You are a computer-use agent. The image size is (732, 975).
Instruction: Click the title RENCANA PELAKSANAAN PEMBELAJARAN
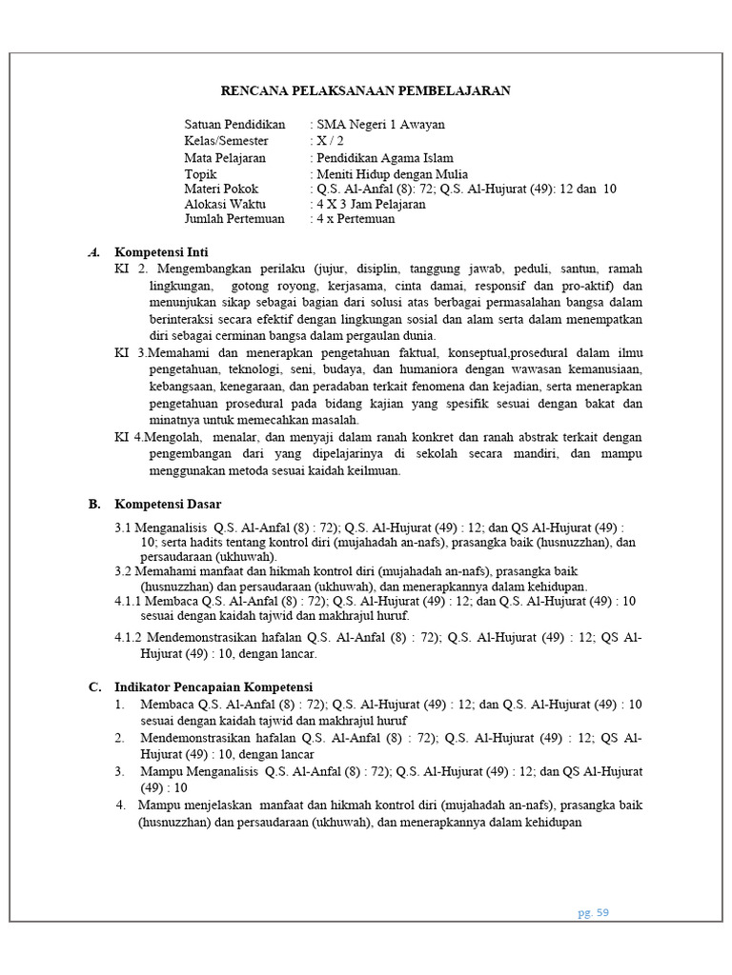point(366,91)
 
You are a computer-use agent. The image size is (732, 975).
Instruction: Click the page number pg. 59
point(593,912)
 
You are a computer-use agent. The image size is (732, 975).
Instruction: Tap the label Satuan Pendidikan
point(234,125)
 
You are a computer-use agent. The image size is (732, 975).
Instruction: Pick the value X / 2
point(333,141)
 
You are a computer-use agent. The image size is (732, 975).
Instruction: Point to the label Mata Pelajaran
point(225,158)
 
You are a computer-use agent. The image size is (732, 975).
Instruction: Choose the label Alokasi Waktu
point(225,204)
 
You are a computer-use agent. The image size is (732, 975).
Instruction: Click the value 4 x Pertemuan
point(355,219)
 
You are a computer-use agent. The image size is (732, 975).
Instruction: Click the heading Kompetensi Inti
point(161,252)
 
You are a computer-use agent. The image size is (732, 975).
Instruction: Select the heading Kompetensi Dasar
point(168,504)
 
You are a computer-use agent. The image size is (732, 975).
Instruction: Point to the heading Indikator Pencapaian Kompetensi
point(213,686)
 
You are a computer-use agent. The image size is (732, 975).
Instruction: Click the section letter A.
point(93,252)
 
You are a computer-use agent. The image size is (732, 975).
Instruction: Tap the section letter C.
point(93,686)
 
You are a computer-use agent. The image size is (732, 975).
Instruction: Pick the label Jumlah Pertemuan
point(234,219)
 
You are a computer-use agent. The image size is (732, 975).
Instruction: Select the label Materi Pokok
point(221,189)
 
